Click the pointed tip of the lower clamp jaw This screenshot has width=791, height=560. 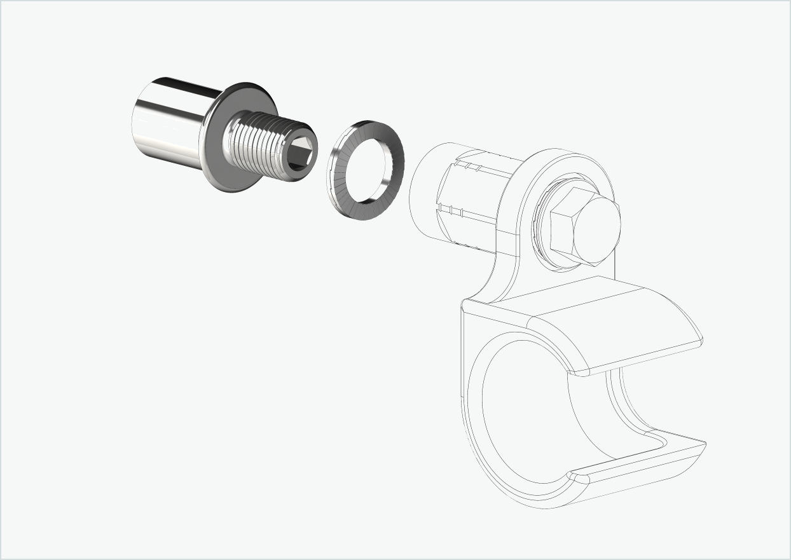[x=702, y=443]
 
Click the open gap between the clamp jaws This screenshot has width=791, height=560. [x=655, y=400]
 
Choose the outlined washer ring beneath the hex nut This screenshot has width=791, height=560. [x=540, y=235]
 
